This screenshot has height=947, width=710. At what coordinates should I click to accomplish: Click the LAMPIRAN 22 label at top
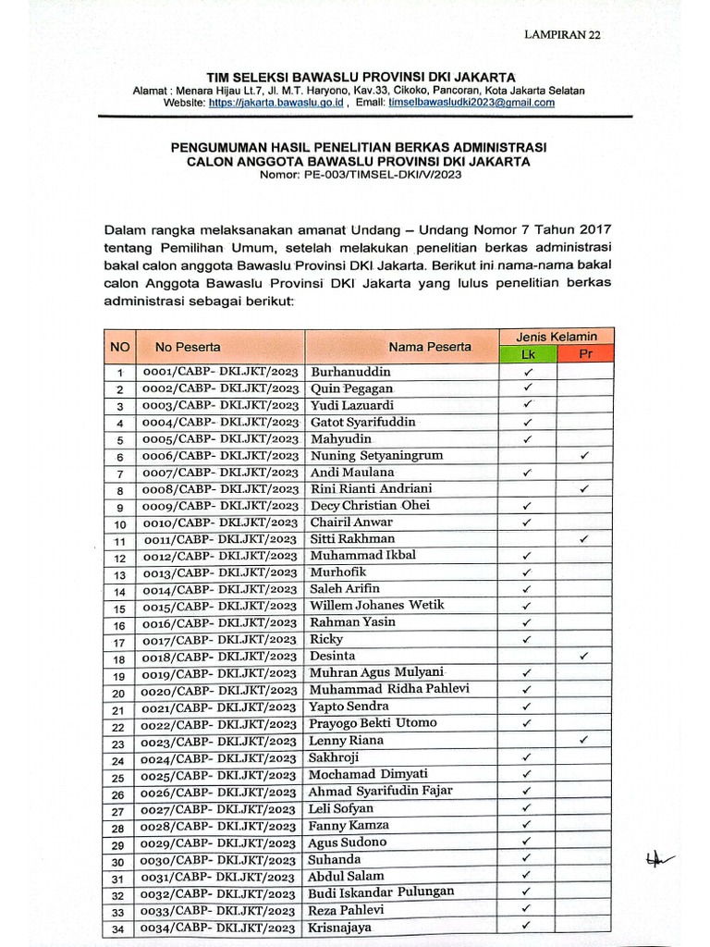click(x=562, y=35)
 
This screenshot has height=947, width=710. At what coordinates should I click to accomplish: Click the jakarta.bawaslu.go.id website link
click(x=276, y=103)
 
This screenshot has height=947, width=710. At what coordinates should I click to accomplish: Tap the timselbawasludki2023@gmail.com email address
click(x=471, y=103)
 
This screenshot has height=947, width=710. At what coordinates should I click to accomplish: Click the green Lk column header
click(x=528, y=354)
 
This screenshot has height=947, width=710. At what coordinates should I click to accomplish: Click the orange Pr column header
click(x=585, y=354)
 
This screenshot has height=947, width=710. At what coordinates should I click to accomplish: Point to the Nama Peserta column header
click(x=430, y=347)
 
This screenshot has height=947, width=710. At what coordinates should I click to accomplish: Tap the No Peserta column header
click(x=188, y=347)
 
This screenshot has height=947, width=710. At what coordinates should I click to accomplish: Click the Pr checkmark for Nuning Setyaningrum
click(x=584, y=455)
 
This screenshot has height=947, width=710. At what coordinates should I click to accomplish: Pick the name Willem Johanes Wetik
click(x=377, y=606)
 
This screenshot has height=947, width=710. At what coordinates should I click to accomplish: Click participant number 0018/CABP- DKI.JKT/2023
click(x=219, y=657)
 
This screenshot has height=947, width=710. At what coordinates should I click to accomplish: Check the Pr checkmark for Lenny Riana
click(x=584, y=740)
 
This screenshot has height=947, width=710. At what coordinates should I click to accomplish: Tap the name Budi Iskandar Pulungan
click(x=382, y=892)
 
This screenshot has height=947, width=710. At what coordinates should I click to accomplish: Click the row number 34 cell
click(x=118, y=929)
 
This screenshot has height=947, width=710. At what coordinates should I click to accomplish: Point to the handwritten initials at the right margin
click(x=658, y=859)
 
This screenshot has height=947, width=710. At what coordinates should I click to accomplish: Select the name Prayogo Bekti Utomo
click(x=373, y=723)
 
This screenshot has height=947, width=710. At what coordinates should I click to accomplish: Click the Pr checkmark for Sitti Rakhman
click(x=584, y=538)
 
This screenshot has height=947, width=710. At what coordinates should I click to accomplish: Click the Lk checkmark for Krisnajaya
click(x=527, y=925)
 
